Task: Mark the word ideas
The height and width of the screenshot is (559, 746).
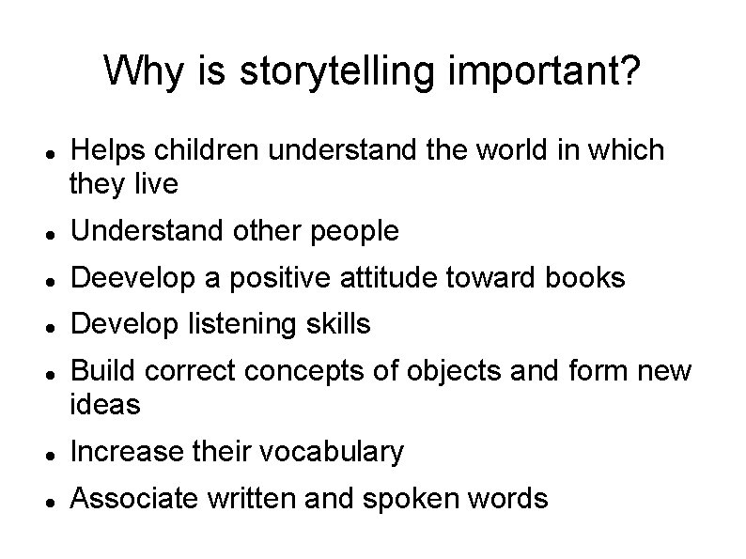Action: click(105, 405)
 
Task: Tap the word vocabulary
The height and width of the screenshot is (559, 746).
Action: click(330, 452)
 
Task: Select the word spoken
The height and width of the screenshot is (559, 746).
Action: click(420, 499)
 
